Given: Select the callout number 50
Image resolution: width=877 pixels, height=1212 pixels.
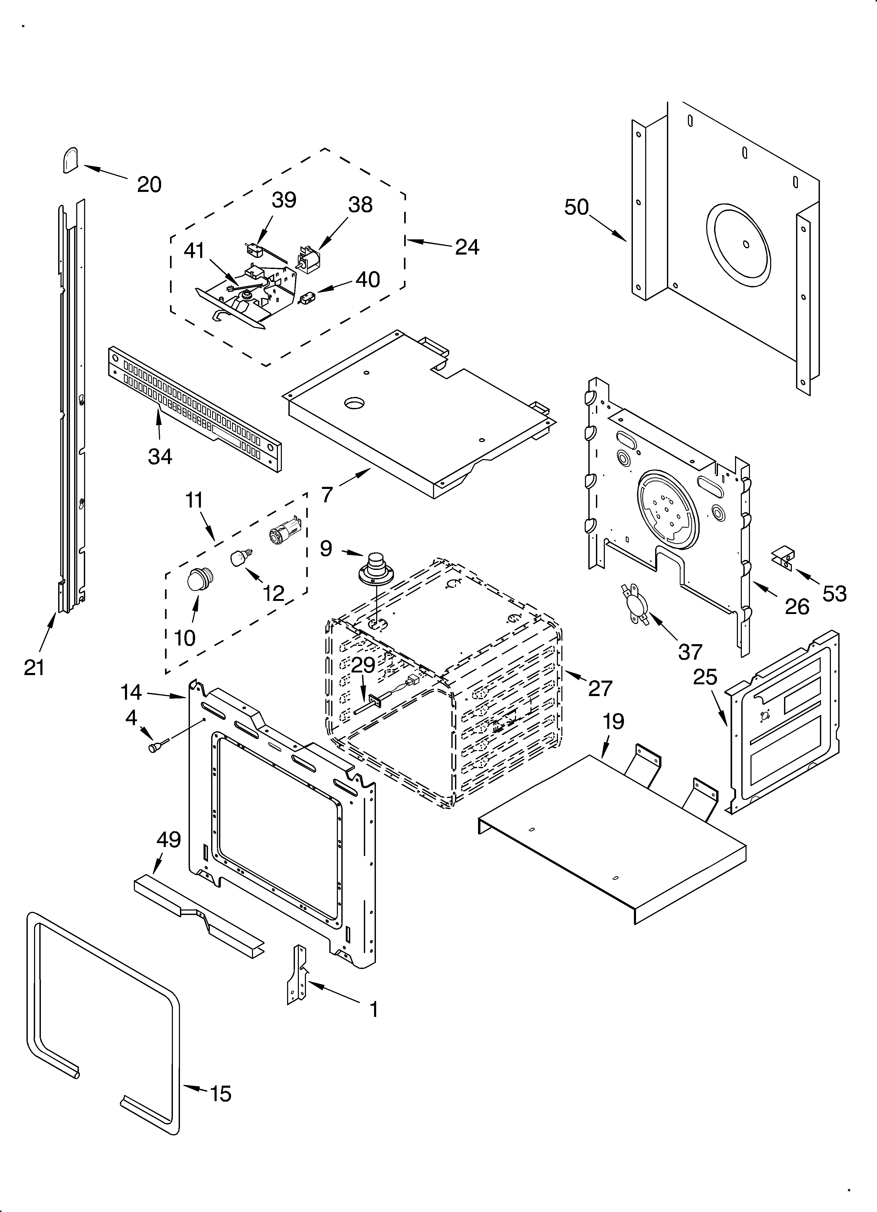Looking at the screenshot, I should click(576, 207).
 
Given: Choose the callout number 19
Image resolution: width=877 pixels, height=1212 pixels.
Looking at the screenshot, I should click(614, 721).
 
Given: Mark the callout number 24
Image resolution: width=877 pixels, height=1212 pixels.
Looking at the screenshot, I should click(467, 247).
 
